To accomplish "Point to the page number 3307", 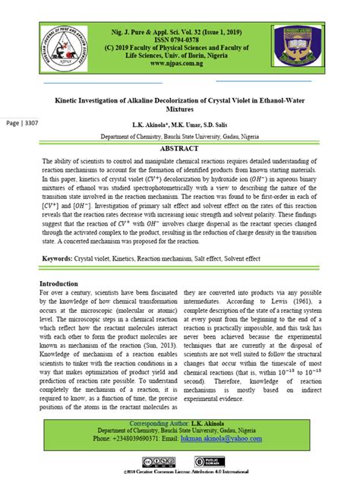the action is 22,123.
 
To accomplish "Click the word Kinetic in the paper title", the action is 74,97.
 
